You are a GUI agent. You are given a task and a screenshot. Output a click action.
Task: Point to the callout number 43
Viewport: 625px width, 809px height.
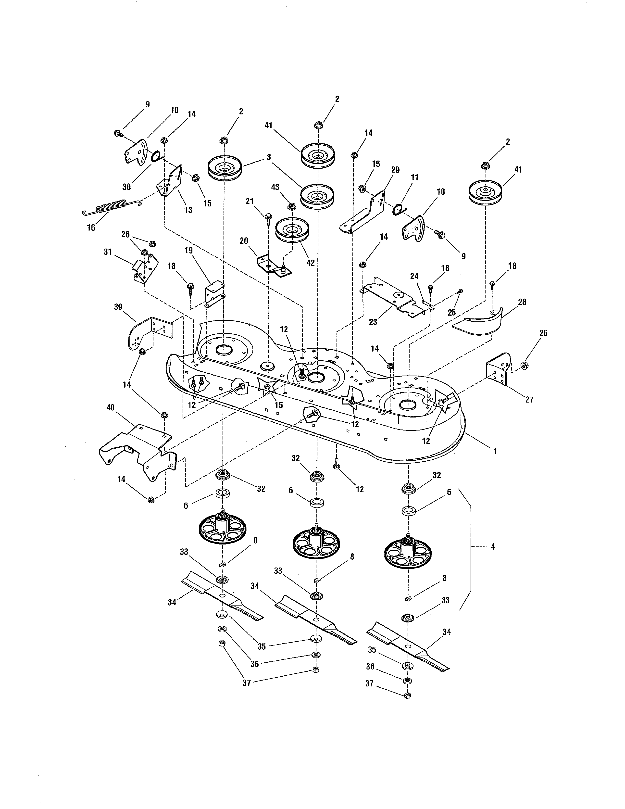[x=275, y=188]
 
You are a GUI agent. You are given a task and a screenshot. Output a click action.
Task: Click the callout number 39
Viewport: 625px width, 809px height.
[x=118, y=307]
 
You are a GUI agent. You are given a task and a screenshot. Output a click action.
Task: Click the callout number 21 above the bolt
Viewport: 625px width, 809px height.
[x=250, y=201]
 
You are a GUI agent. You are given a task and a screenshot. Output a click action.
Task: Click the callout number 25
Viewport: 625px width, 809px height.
[x=452, y=312]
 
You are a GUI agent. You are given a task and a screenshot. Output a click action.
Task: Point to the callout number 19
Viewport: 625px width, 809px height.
[x=188, y=250]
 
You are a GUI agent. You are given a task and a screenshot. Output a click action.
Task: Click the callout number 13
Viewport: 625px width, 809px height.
[x=188, y=210]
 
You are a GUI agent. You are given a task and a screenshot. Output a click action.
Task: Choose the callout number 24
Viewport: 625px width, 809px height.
[x=414, y=276]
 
